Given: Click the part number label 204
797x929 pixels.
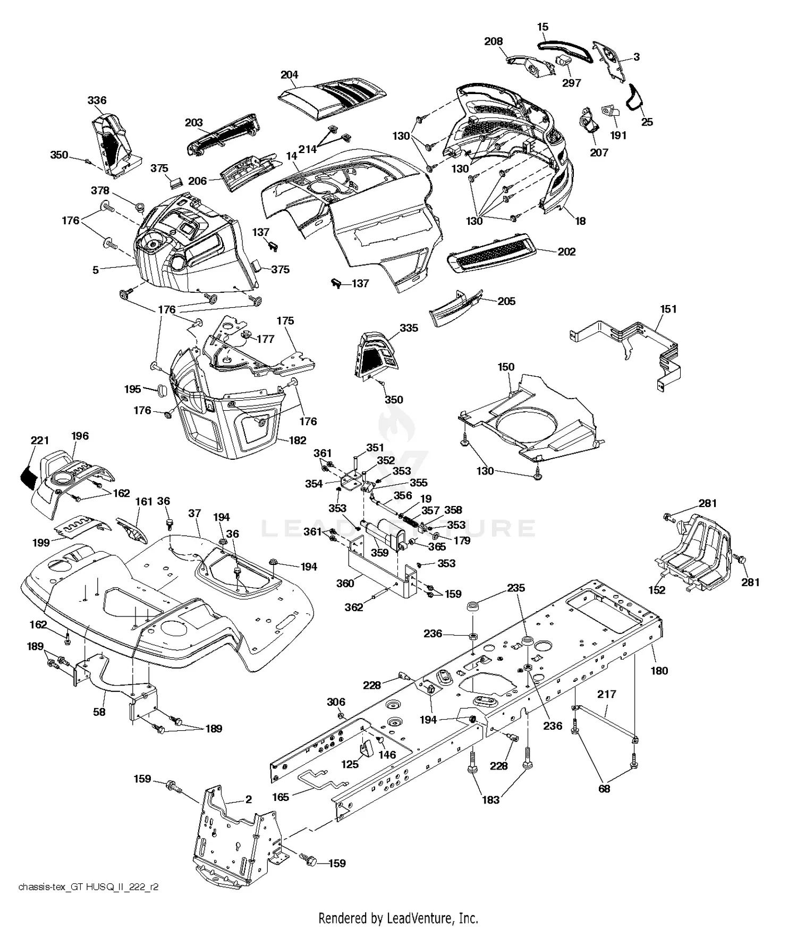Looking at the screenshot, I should point(289,75).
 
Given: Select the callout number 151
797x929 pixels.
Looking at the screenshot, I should point(668,309).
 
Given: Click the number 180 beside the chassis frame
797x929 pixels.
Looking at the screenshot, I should point(659,671).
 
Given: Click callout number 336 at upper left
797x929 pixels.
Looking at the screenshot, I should point(97,100).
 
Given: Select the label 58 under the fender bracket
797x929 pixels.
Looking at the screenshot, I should point(99,712).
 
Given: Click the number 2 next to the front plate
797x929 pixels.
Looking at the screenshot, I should point(249,799).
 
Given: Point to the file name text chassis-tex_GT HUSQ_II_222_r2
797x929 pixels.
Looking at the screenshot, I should point(88,887).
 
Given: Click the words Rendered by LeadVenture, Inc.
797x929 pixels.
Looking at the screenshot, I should point(398,918).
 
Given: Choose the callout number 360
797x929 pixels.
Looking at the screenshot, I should point(345,584).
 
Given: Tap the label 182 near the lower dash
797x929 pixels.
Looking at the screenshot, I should point(298,440).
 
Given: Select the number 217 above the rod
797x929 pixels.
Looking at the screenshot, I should point(606,694).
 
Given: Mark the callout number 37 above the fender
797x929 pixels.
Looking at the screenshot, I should point(194,513).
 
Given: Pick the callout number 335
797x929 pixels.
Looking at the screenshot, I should point(409,328).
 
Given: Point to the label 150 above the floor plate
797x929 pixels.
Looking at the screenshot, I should point(506,367).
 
